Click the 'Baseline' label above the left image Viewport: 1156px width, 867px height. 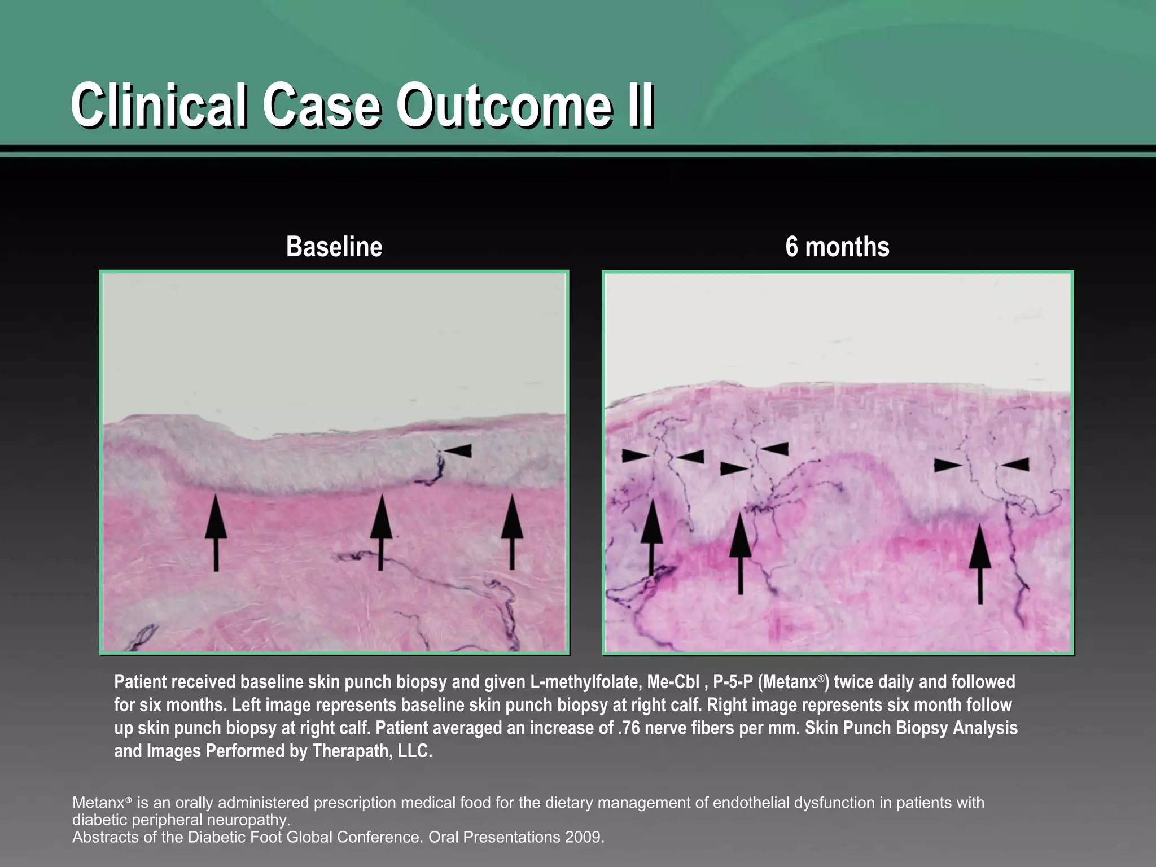coord(334,247)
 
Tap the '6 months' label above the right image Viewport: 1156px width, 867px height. coord(837,247)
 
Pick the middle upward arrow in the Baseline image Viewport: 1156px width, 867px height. coord(381,531)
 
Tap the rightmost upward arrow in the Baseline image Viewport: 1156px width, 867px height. coord(512,531)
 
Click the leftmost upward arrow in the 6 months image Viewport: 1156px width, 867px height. coord(651,536)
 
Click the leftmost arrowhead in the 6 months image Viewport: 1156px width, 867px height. coord(636,456)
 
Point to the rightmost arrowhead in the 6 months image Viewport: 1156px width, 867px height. coord(1015,465)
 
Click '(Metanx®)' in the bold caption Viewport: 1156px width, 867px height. coord(794,682)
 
